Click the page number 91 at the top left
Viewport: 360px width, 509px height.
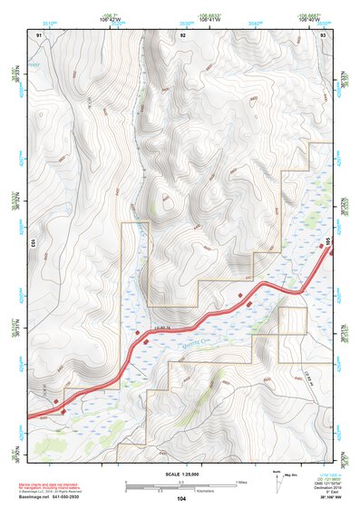pos(40,34)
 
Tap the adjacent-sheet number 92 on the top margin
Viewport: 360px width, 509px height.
pos(182,34)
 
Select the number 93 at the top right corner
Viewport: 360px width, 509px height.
pos(324,34)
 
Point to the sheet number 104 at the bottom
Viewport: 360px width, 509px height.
pos(181,498)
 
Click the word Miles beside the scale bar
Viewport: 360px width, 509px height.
pos(241,481)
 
